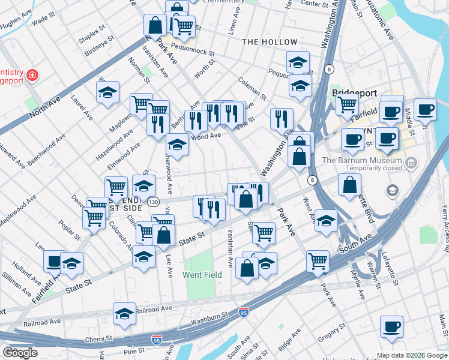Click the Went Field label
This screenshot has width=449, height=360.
point(202,275)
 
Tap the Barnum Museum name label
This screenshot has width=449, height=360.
point(361,160)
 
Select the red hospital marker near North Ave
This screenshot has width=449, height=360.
point(32,76)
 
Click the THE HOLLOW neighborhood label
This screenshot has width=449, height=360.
point(270,42)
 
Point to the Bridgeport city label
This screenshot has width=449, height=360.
point(355,94)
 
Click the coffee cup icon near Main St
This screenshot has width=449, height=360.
point(391,327)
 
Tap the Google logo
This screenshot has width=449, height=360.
point(20,353)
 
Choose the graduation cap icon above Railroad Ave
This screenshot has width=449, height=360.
point(124,313)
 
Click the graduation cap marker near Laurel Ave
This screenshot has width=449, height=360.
point(107,92)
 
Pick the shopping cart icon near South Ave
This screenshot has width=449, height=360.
point(318,260)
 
